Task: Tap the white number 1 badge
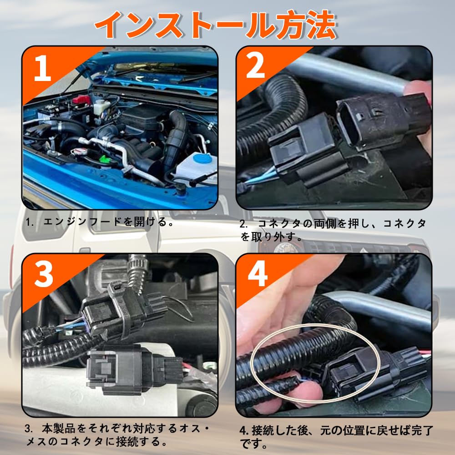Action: point(42,69)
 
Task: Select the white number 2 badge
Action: point(255,66)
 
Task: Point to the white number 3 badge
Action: point(44,274)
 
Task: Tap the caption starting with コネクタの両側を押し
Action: point(333,230)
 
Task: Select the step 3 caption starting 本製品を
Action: point(117,435)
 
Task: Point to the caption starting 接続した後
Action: point(337,437)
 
